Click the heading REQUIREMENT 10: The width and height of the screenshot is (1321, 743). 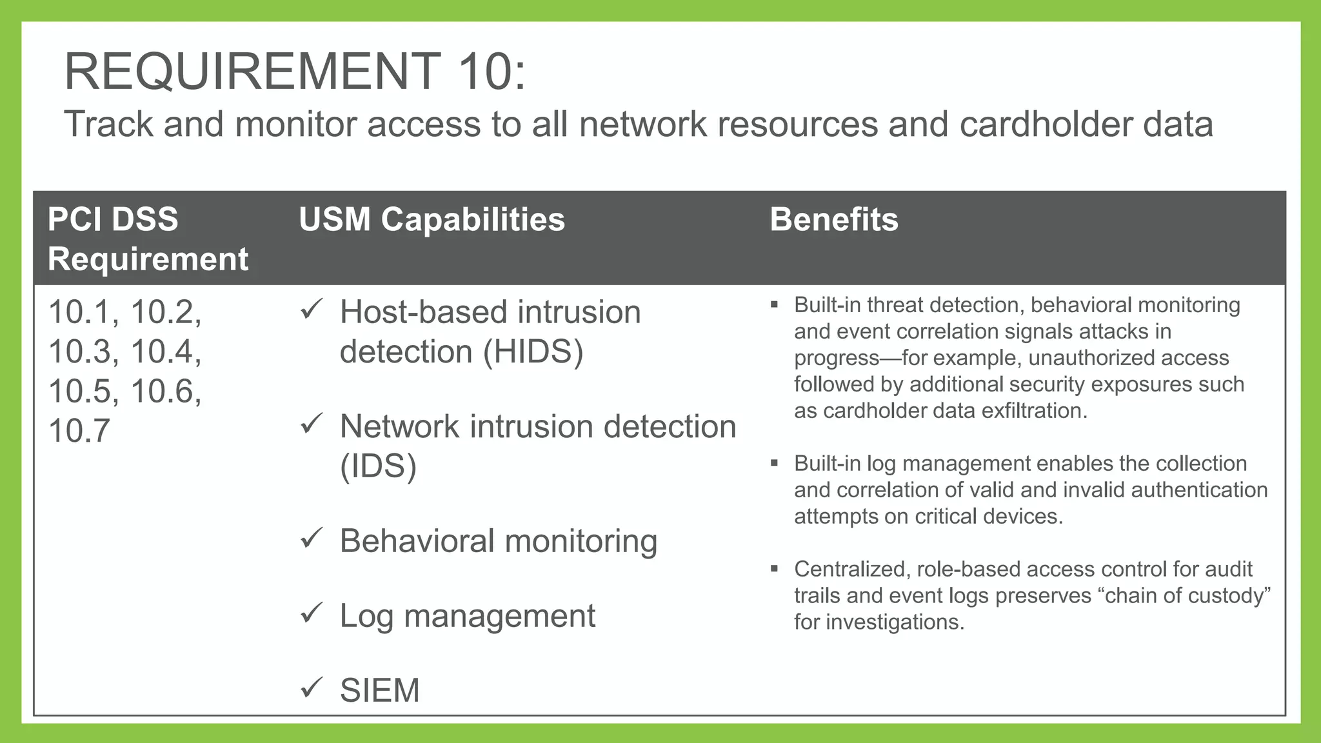click(x=295, y=72)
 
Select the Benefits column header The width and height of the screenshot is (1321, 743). click(x=833, y=219)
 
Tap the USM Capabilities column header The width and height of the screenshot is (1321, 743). click(x=432, y=219)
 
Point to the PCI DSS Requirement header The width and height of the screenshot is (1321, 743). click(x=148, y=239)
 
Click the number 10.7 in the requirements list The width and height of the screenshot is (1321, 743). click(x=79, y=431)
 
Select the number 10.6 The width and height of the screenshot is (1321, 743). click(x=166, y=391)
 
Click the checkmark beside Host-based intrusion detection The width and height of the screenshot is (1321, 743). click(x=312, y=310)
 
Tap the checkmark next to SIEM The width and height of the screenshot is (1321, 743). click(x=312, y=688)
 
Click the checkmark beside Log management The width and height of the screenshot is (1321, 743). click(x=312, y=613)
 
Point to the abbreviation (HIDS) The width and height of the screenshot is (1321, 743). click(x=533, y=352)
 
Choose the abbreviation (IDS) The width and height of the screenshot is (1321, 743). click(x=378, y=466)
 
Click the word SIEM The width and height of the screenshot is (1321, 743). click(x=379, y=691)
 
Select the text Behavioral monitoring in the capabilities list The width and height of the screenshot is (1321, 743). click(x=498, y=541)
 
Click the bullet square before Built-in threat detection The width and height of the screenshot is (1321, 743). click(x=774, y=305)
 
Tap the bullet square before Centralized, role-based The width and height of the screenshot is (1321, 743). click(x=774, y=570)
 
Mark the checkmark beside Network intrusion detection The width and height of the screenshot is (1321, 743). click(x=312, y=424)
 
